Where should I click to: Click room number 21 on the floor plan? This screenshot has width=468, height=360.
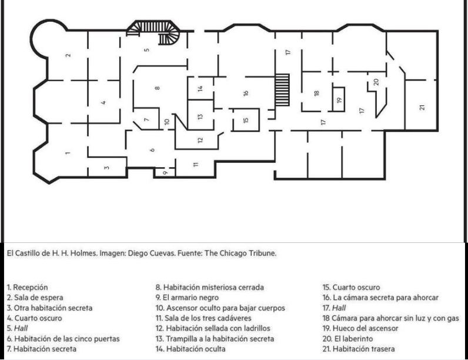coord(422,107)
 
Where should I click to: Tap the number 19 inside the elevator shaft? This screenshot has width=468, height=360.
coord(339,100)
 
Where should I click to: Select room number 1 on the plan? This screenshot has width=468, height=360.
coord(68,154)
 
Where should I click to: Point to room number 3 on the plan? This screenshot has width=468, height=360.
coord(106,168)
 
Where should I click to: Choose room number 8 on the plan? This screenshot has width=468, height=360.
coord(158,89)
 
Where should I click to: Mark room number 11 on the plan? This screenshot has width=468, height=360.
coord(196,164)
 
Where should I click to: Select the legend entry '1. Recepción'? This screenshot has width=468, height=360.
coord(28,288)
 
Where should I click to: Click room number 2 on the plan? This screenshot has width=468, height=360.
coord(68,56)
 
